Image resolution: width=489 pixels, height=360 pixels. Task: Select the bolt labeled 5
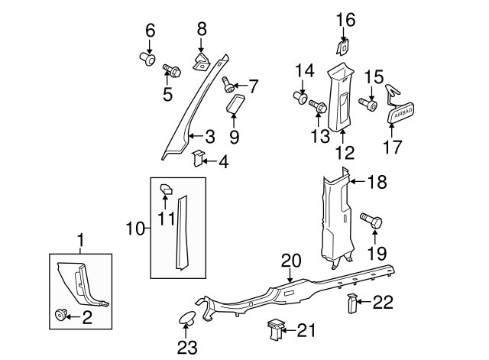coord(172,73)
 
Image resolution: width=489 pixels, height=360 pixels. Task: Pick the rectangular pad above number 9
coord(235,104)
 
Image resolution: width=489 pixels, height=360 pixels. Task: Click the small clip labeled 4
coord(197,159)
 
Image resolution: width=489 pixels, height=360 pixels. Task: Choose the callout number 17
coord(392,145)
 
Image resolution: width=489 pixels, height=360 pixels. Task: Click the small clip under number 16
coord(343,47)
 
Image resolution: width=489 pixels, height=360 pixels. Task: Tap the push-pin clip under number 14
coord(300,98)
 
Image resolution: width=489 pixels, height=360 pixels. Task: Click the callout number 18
coord(377,182)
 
